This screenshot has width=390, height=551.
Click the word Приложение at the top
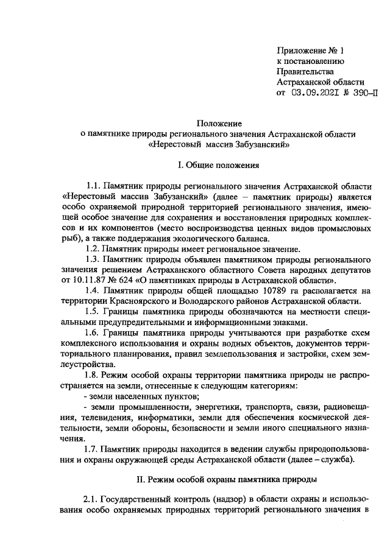pyautogui.click(x=301, y=49)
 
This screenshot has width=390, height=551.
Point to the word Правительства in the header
pyautogui.click(x=303, y=71)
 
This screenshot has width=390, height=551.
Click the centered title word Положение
pyautogui.click(x=216, y=122)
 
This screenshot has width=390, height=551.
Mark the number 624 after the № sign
pyautogui.click(x=129, y=280)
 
